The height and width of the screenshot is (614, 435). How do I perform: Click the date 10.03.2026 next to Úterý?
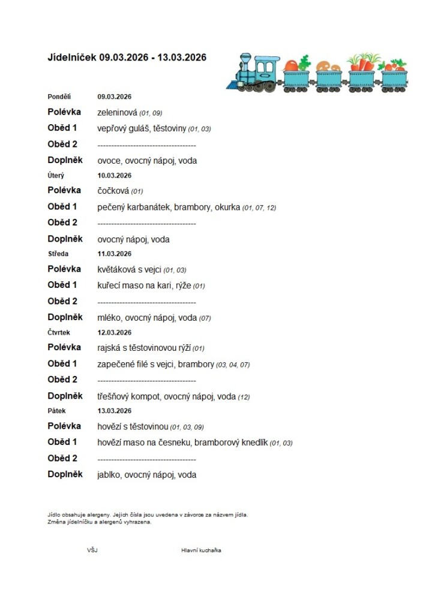pos(115,176)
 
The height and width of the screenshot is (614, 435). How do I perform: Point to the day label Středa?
pos(58,254)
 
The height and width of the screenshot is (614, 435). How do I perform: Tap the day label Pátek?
pos(56,411)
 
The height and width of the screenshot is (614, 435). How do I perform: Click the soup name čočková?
pos(113,191)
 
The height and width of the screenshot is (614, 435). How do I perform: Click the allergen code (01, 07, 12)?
pos(259,208)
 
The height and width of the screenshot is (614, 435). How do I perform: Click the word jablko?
pos(109,475)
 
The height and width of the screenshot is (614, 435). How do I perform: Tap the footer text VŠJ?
pos(92,550)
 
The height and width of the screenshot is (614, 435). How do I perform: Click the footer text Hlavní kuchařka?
pos(201,550)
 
